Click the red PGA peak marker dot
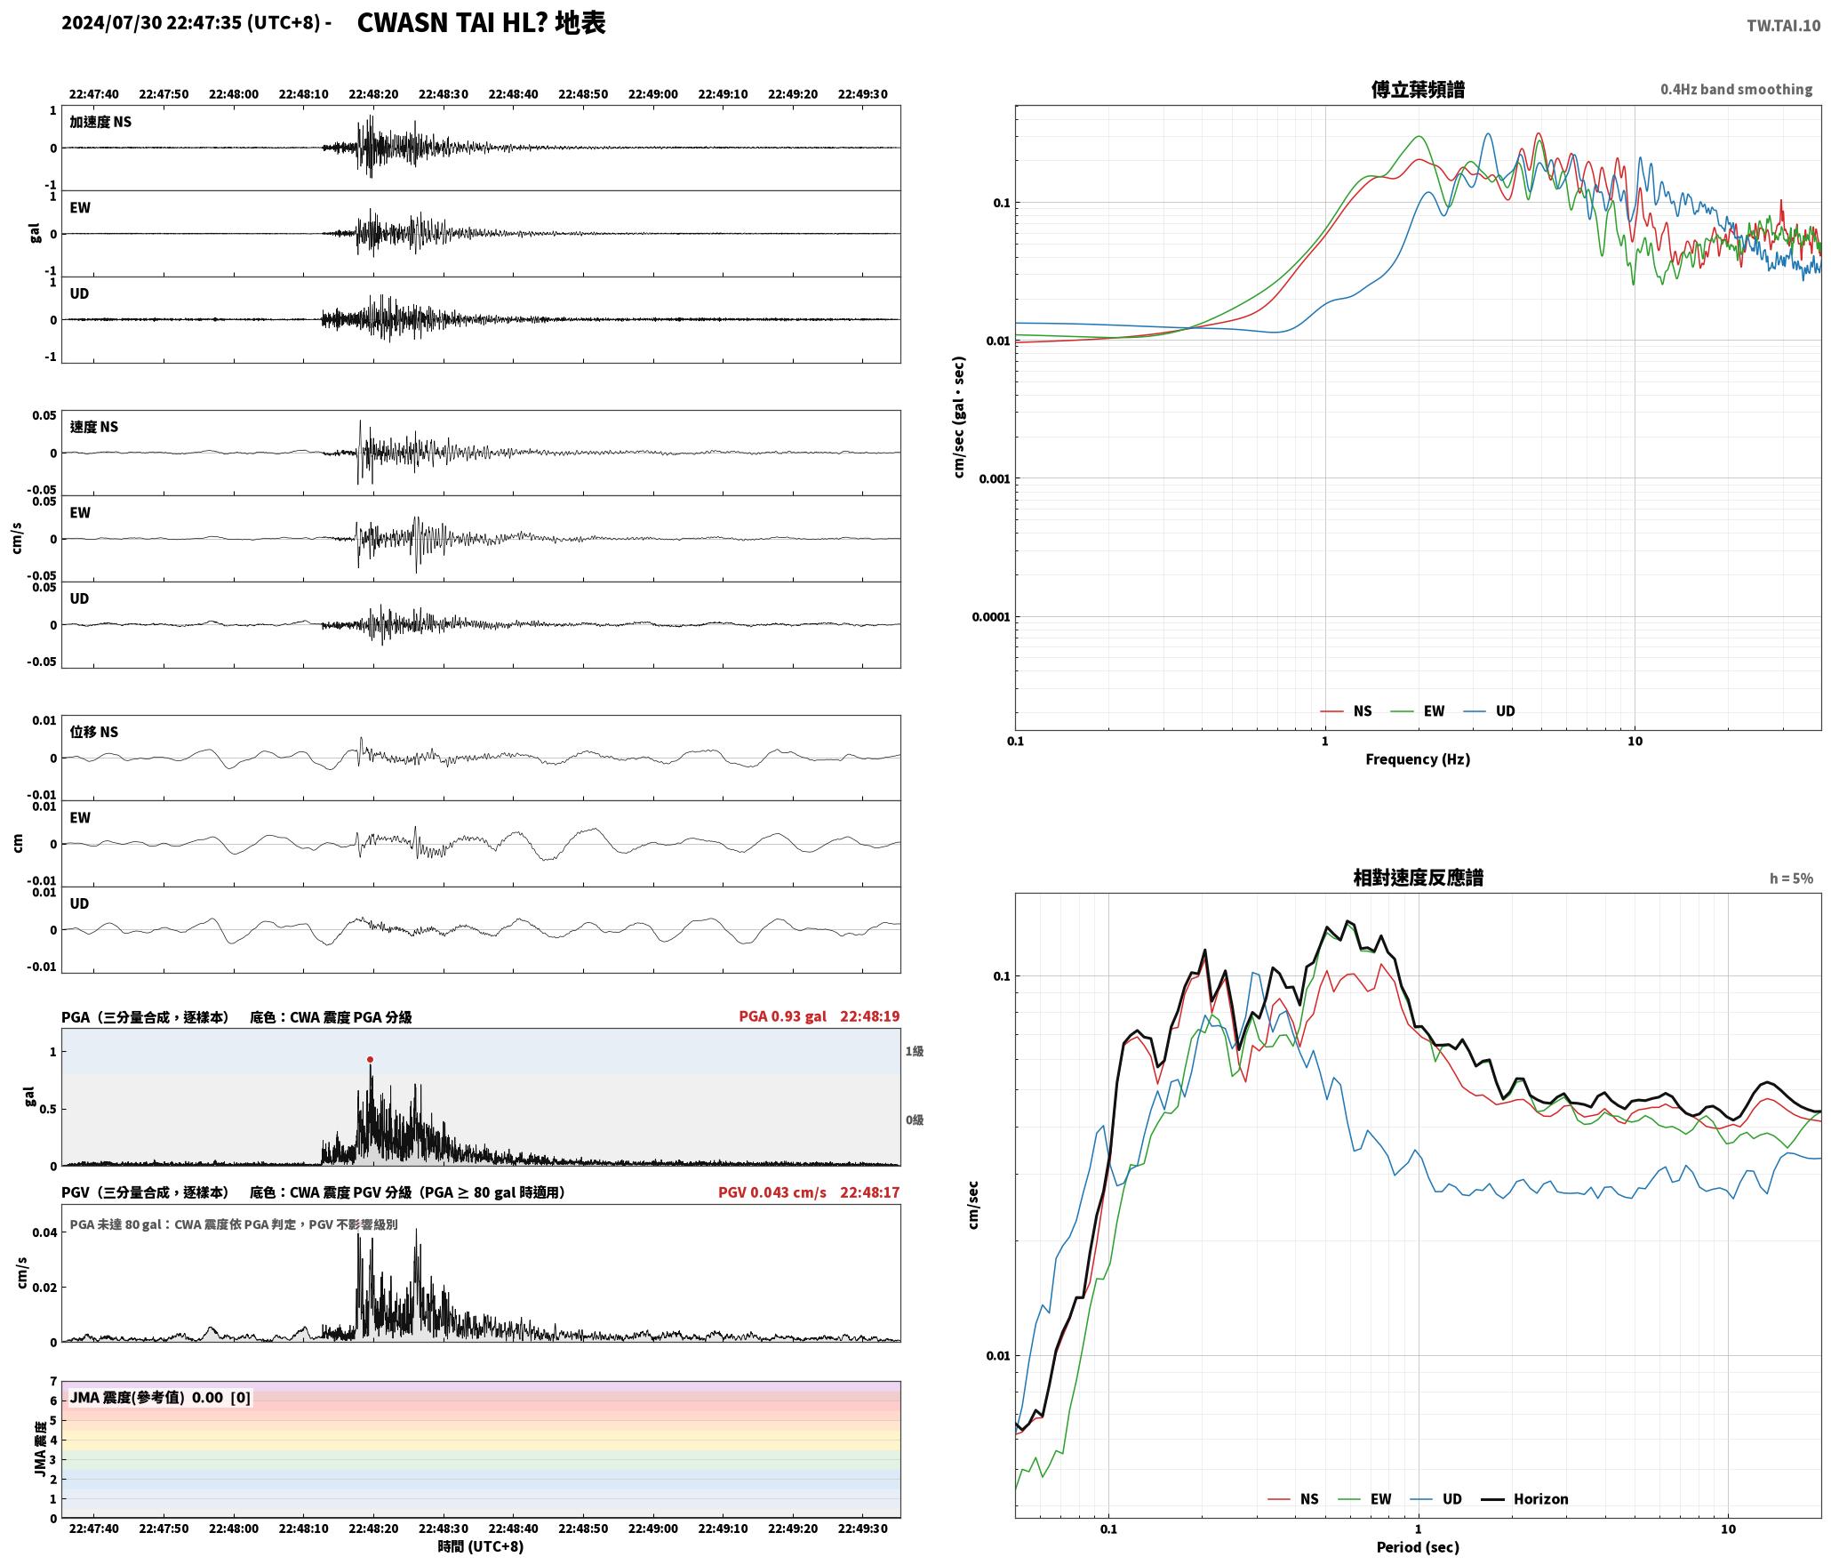pyautogui.click(x=370, y=1059)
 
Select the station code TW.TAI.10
pyautogui.click(x=1783, y=25)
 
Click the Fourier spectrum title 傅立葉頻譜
pyautogui.click(x=1418, y=89)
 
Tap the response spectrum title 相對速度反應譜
pyautogui.click(x=1418, y=878)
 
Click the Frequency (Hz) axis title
pyautogui.click(x=1418, y=758)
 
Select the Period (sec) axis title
pyautogui.click(x=1418, y=1546)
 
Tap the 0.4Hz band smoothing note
pyautogui.click(x=1736, y=89)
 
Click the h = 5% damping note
pyautogui.click(x=1791, y=878)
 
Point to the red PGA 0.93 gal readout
pyautogui.click(x=782, y=1015)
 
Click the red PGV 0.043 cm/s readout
pyautogui.click(x=772, y=1192)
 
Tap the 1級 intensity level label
pyautogui.click(x=915, y=1051)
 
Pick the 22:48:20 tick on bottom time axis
pyautogui.click(x=373, y=1528)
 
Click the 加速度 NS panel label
pyautogui.click(x=100, y=122)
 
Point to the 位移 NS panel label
pyautogui.click(x=94, y=732)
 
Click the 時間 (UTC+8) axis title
pyautogui.click(x=481, y=1546)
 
